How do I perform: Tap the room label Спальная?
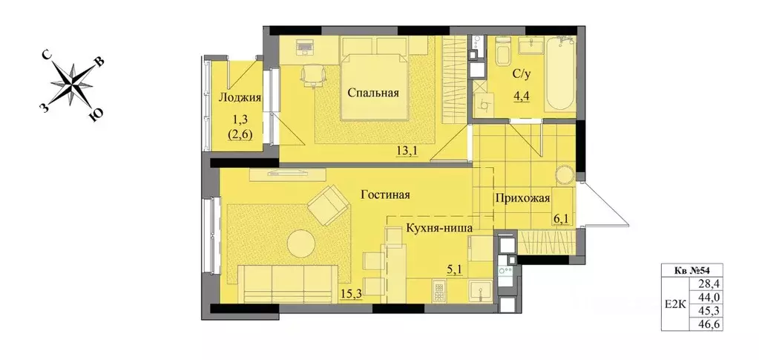[375, 93]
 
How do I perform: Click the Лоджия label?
[238, 98]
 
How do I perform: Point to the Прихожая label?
[524, 198]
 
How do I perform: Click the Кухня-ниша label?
[439, 229]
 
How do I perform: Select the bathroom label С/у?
[522, 74]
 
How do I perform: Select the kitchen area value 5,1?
[452, 271]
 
